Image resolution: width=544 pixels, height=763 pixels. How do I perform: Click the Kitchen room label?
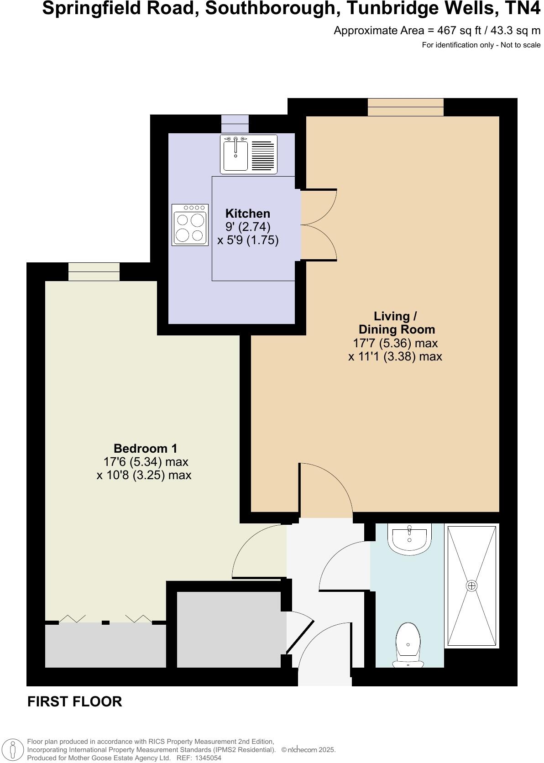coord(248,214)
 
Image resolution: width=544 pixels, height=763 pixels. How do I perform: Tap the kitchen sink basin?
coord(235,155)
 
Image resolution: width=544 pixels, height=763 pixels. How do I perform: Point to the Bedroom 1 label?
coord(145,449)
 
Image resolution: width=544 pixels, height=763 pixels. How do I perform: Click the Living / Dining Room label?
coord(396,323)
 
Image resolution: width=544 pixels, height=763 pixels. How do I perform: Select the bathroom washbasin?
coord(409,538)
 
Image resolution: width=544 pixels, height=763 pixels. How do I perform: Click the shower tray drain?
coord(471,585)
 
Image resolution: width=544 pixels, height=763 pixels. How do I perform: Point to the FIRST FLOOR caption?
coord(75,701)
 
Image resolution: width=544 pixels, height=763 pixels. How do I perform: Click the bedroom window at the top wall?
coord(94,272)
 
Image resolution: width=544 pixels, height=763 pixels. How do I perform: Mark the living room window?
coord(406,107)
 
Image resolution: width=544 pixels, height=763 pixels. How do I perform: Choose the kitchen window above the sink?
coord(235,124)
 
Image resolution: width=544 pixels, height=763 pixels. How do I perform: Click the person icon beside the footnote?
coord(13,750)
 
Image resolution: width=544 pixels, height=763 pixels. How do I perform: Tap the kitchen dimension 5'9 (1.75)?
coord(248,240)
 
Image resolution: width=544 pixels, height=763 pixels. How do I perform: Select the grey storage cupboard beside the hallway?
coord(229,629)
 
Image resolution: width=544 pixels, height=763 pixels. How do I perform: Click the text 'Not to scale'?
coord(521,45)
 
